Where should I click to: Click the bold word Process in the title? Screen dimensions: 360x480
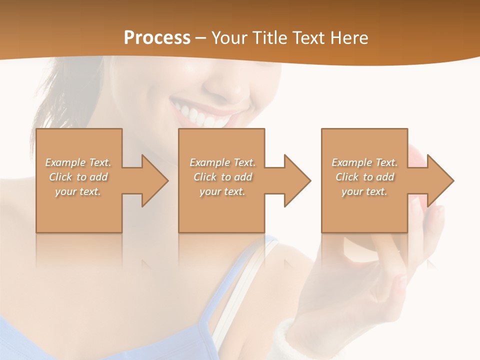click(x=157, y=38)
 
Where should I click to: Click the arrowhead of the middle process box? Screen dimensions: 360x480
click(x=296, y=180)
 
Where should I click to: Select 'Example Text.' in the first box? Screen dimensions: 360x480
click(x=78, y=162)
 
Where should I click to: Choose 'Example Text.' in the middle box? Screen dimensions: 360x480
click(x=222, y=162)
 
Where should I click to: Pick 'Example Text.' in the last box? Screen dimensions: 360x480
click(x=364, y=162)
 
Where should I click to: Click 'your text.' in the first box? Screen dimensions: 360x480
click(x=78, y=191)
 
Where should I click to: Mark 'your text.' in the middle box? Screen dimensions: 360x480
click(x=222, y=191)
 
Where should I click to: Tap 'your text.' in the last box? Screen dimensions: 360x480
click(x=364, y=191)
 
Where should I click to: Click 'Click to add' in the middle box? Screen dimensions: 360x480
click(x=222, y=177)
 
